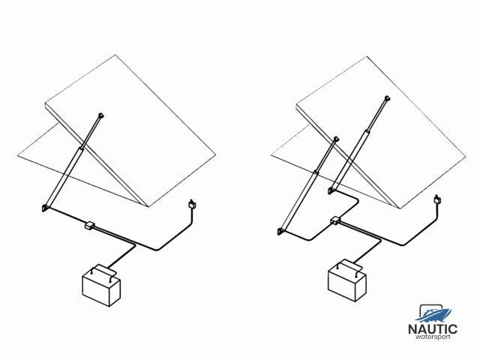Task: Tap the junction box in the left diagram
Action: click(x=89, y=225)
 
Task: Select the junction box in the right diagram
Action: click(x=336, y=220)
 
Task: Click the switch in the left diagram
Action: click(x=192, y=204)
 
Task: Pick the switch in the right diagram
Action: click(x=438, y=199)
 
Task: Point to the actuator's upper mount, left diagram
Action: click(x=100, y=116)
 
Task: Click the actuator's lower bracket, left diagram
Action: click(x=45, y=208)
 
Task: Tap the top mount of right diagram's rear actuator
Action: click(x=387, y=99)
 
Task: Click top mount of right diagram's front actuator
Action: click(x=336, y=139)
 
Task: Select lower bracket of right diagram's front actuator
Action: click(x=280, y=232)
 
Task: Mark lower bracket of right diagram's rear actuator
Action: click(x=331, y=190)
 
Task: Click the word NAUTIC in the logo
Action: click(x=433, y=329)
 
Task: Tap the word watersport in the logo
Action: click(x=433, y=337)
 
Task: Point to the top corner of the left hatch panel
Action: click(x=115, y=55)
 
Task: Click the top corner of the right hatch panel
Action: click(x=367, y=57)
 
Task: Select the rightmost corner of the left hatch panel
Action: click(x=216, y=155)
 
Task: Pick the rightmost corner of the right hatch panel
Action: click(x=466, y=157)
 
